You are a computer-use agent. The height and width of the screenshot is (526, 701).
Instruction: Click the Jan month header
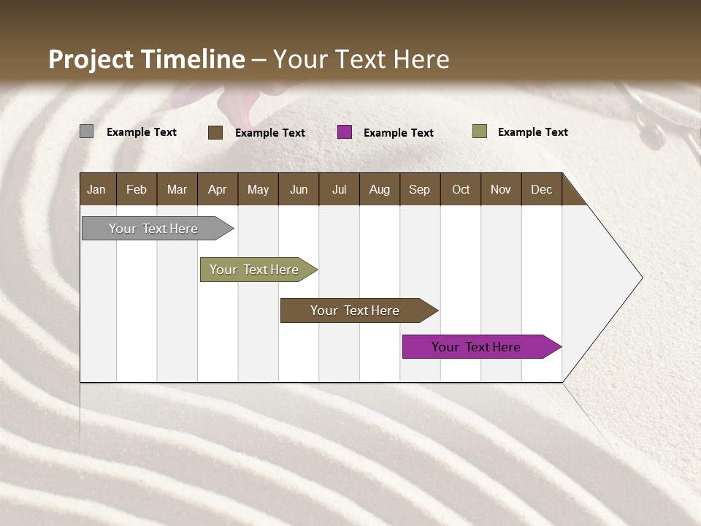(97, 189)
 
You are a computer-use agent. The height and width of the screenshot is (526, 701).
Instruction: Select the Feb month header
(137, 189)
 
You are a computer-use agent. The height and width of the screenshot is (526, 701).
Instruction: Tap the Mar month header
(177, 189)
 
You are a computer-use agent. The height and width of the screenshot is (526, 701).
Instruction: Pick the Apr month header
(218, 189)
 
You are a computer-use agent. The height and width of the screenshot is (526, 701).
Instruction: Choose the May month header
(258, 189)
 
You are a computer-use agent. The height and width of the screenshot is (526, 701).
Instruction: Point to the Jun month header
(299, 189)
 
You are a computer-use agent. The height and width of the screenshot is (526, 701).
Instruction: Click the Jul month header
(339, 189)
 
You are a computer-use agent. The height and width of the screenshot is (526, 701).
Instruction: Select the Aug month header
(380, 189)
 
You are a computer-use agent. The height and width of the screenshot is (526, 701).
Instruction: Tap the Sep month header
(420, 189)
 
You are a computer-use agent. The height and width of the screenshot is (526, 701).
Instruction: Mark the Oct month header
(461, 189)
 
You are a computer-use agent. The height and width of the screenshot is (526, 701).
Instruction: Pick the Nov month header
(501, 189)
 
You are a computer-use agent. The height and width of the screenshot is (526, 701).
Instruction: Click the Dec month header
(542, 189)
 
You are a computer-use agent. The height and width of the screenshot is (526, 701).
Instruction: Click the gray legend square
(86, 131)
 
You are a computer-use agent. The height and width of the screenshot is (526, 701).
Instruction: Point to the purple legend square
(345, 132)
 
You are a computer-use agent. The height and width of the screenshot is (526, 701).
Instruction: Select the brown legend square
(215, 132)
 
